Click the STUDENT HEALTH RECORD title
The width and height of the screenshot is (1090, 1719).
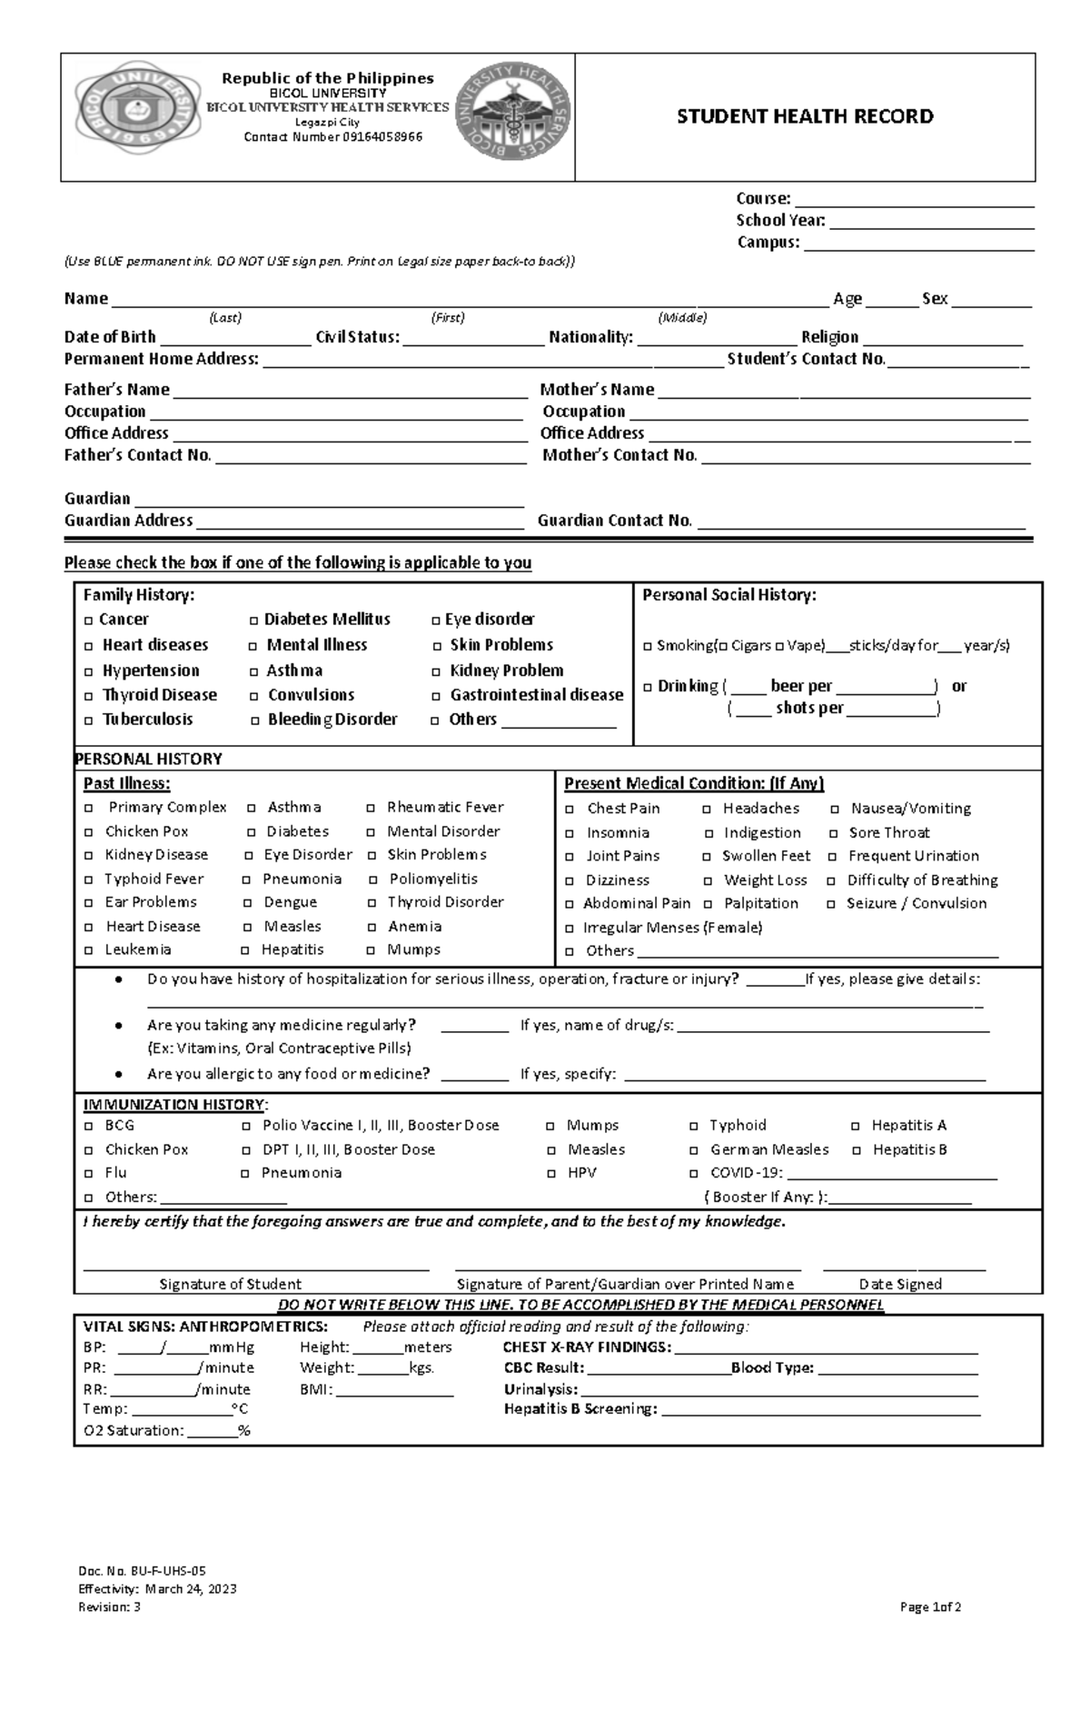coord(805,116)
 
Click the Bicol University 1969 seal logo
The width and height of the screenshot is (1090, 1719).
coord(139,116)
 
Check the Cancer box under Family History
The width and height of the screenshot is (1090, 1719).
coord(88,621)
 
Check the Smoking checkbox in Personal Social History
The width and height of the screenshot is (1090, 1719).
coord(648,647)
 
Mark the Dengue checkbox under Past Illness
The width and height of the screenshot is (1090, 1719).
coord(248,903)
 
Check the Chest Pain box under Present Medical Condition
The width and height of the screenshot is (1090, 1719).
coord(570,810)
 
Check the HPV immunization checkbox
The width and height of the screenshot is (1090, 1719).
coord(551,1174)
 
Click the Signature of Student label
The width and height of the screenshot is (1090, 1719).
coord(230,1284)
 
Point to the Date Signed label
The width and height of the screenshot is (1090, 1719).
coord(900,1284)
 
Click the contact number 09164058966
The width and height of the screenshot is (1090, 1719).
coord(332,137)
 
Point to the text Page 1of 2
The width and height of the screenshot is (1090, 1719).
coord(930,1607)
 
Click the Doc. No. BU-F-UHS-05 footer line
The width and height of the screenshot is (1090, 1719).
coord(135,1571)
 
